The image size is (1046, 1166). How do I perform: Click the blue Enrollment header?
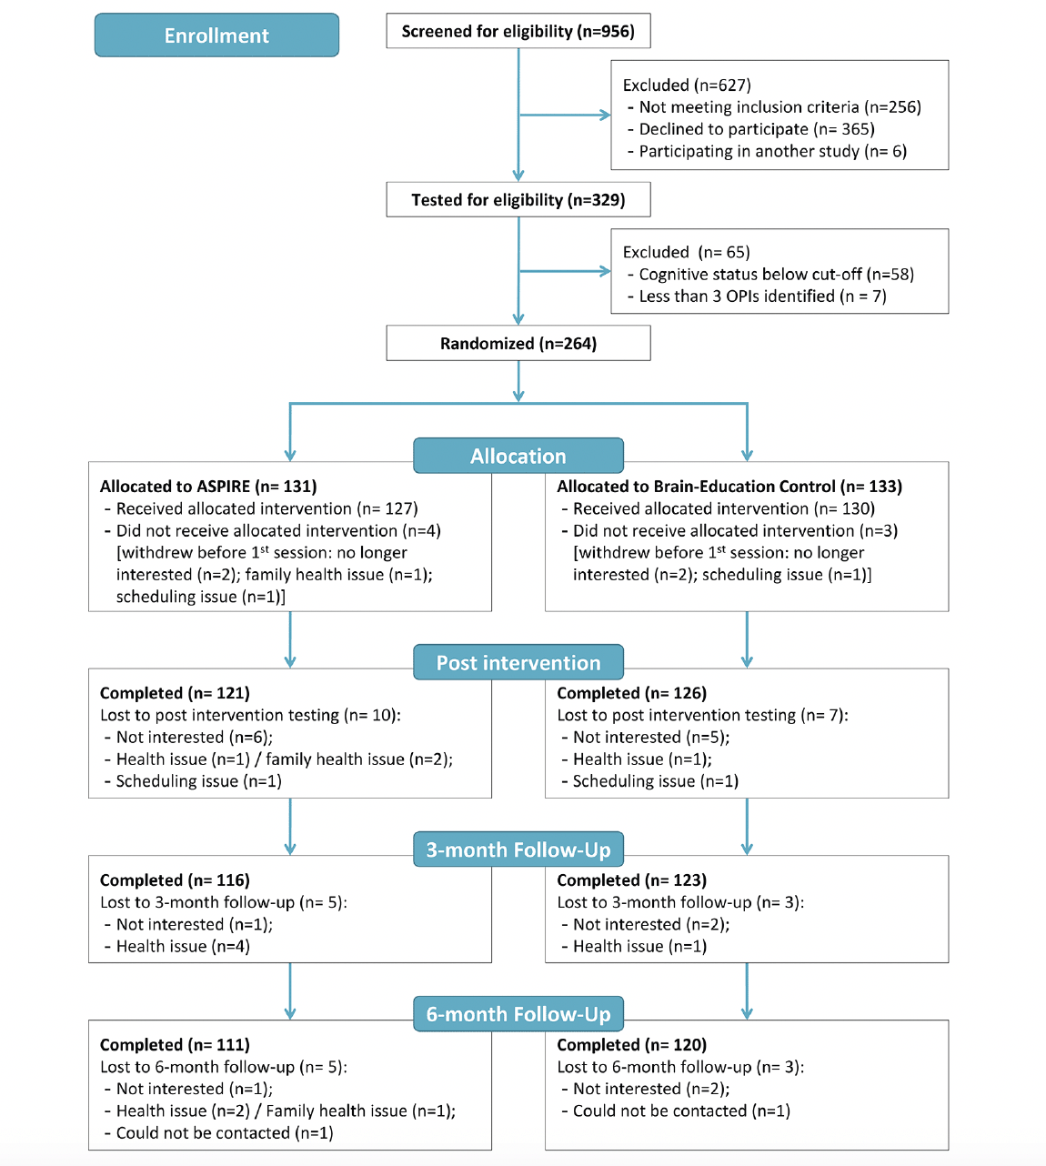click(216, 35)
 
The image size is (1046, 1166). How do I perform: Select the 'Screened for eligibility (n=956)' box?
click(518, 31)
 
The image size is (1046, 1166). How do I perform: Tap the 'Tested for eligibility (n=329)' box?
click(518, 200)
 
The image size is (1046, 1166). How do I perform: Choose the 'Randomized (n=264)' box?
click(518, 343)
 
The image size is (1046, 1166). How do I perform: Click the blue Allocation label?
click(518, 456)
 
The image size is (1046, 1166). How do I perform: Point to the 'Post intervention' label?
click(518, 662)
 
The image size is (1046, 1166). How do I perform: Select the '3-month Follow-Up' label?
click(518, 849)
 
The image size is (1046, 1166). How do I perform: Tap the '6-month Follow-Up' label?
click(518, 1014)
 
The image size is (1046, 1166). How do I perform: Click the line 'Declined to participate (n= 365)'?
click(757, 129)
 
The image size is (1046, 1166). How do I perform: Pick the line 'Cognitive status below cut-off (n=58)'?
click(776, 274)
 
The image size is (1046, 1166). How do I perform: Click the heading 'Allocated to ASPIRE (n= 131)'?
click(208, 487)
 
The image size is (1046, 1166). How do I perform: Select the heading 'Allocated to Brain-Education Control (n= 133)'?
click(729, 487)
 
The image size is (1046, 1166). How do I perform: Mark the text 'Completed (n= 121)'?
click(175, 693)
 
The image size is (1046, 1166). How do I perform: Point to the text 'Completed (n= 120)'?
click(631, 1044)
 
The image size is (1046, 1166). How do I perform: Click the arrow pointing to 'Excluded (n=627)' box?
click(565, 116)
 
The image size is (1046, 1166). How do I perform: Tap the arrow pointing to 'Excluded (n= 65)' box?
click(565, 271)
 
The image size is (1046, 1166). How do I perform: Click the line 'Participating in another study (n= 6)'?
click(772, 151)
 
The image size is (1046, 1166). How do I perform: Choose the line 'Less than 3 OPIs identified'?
click(736, 296)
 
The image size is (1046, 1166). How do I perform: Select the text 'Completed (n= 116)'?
click(175, 880)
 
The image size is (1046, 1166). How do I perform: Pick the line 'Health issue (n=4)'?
click(183, 946)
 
